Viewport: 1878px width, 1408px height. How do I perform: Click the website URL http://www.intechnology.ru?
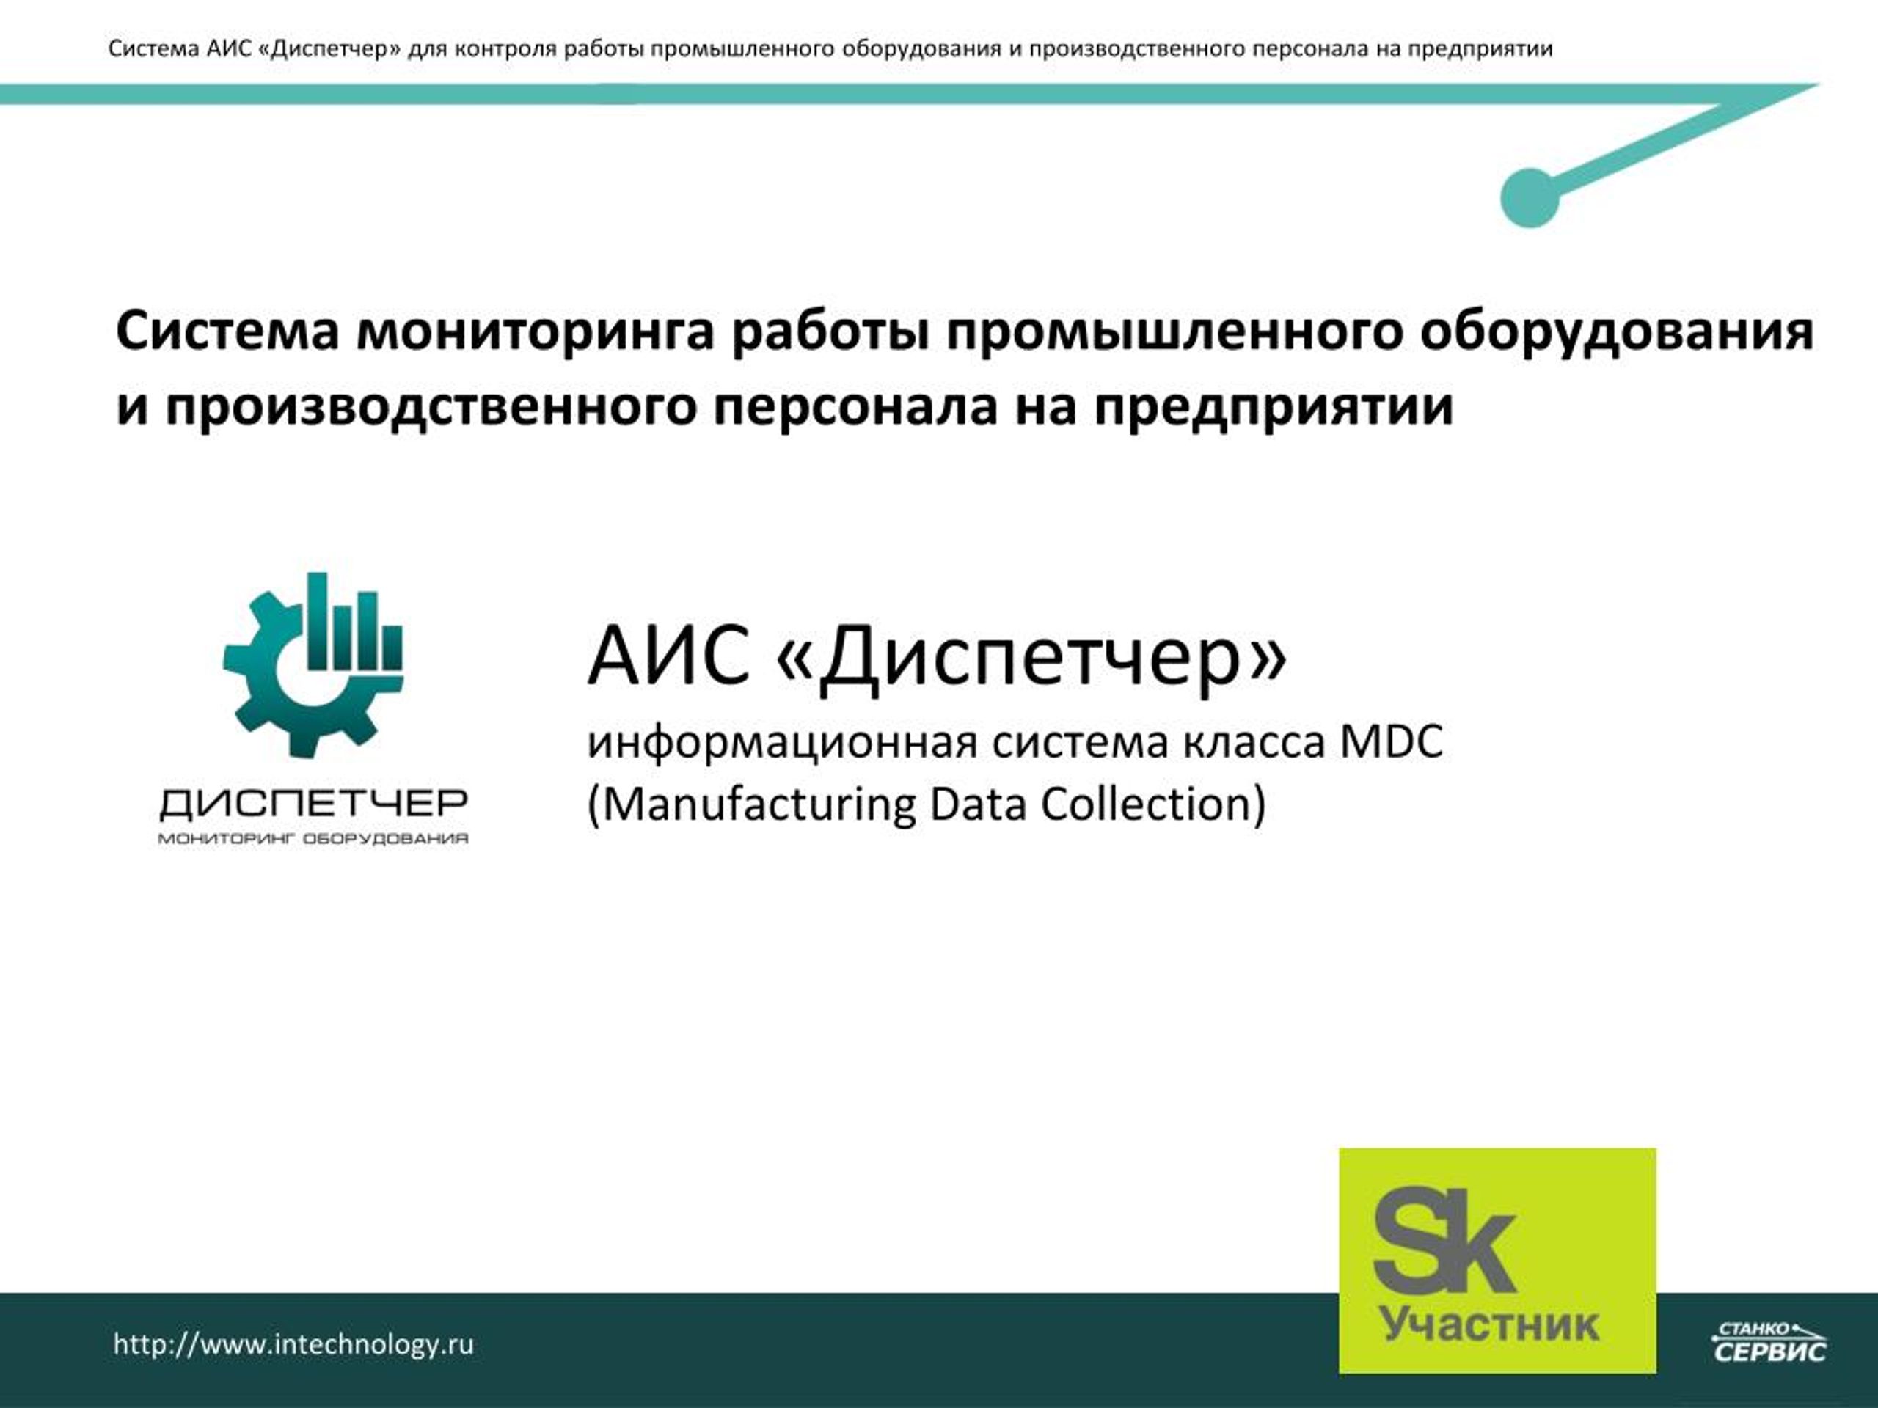pos(293,1344)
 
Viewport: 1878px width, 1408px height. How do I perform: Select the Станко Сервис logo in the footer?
pos(1769,1341)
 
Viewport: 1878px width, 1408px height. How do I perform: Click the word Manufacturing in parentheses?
pos(752,804)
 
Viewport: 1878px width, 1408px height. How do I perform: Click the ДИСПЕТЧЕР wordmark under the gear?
pos(313,803)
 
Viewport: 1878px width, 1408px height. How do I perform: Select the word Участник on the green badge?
pos(1490,1325)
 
